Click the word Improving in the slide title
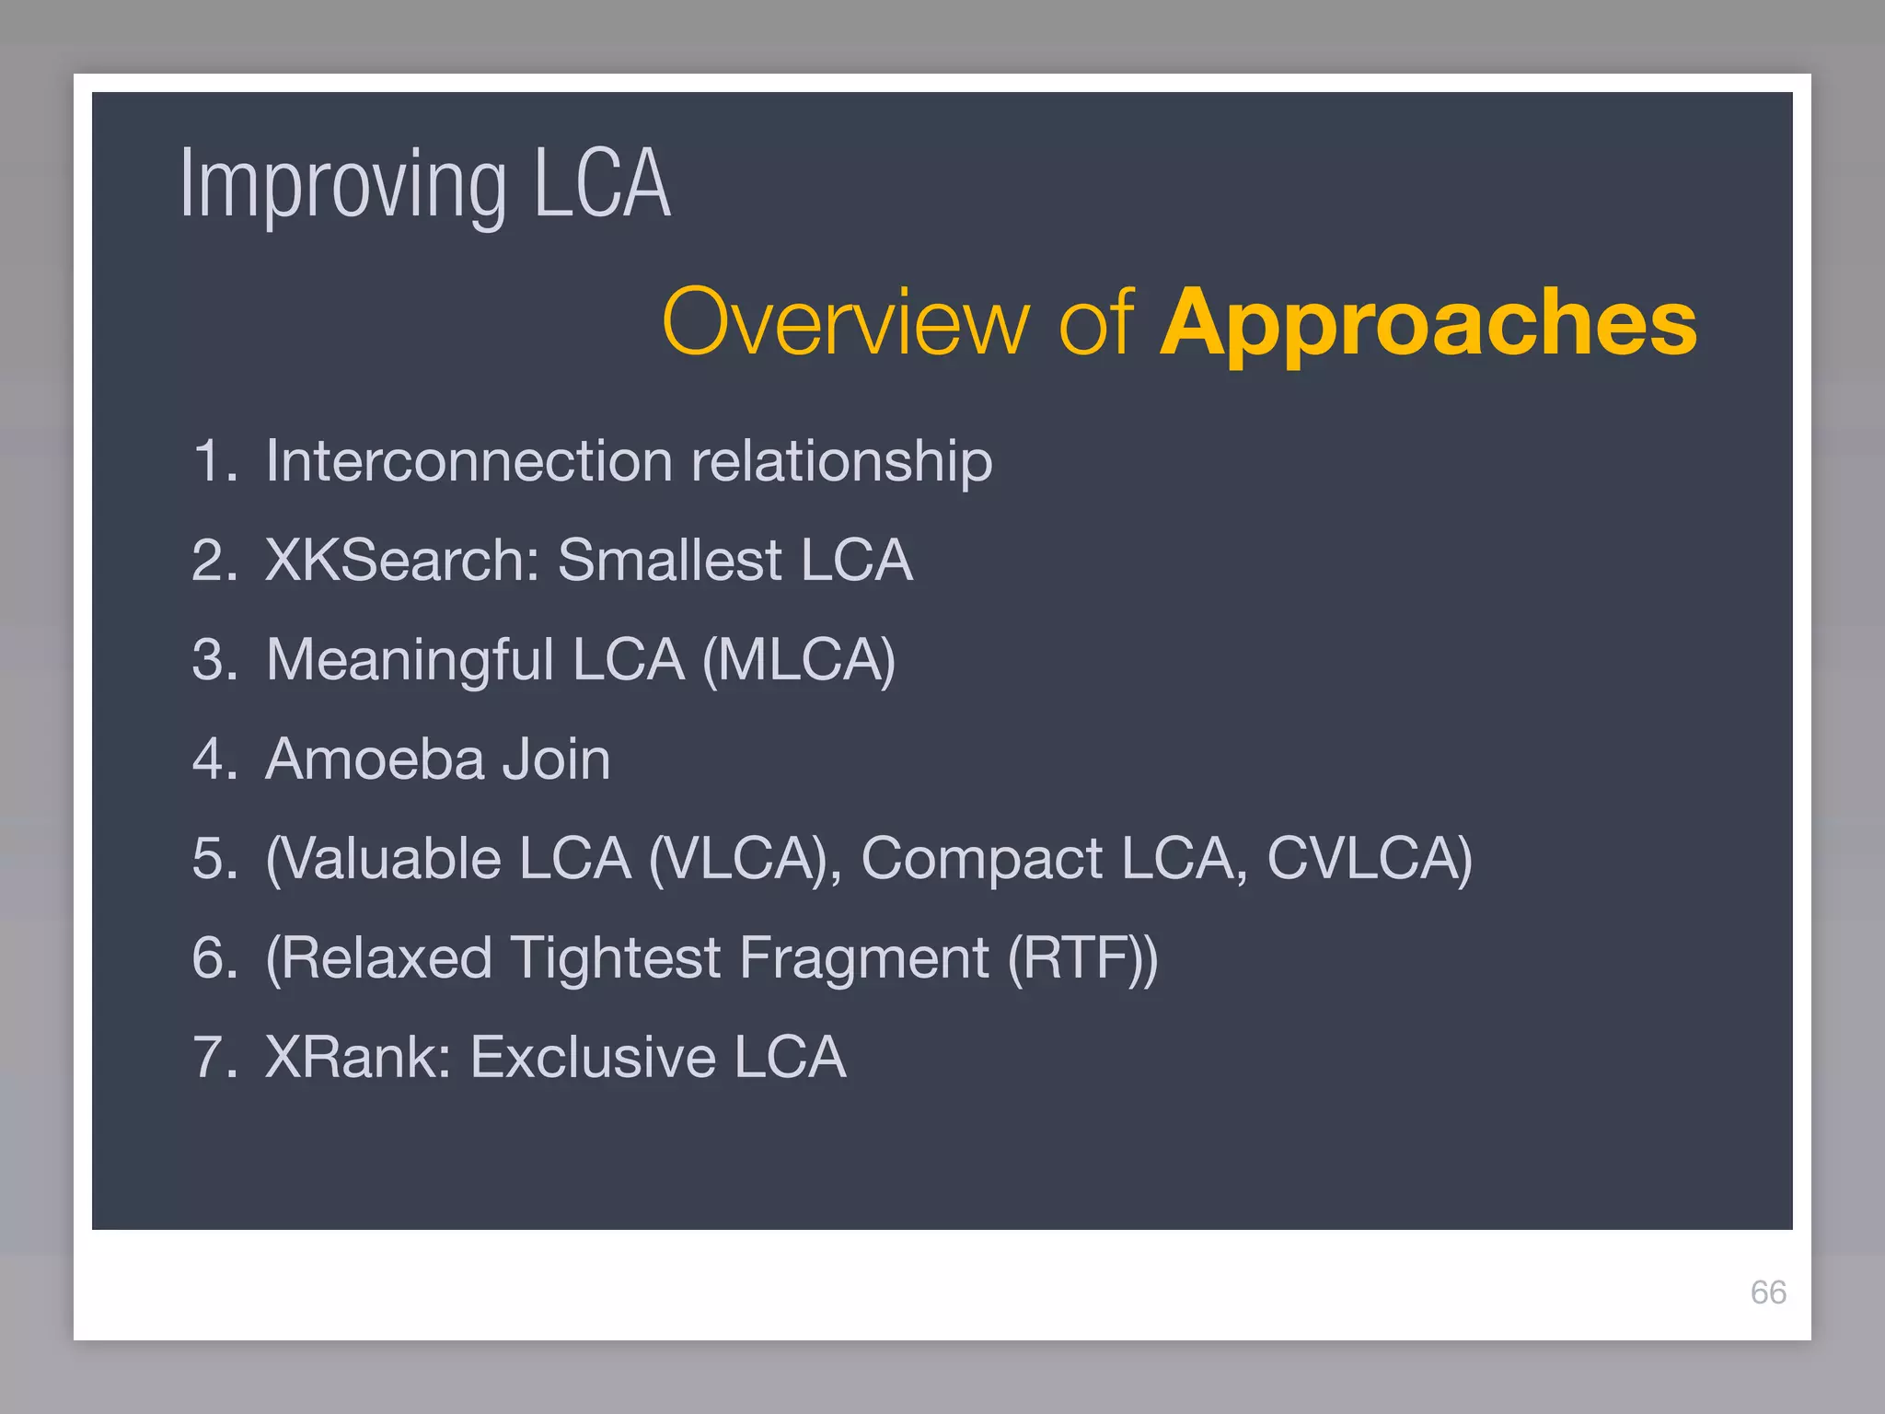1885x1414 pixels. (x=342, y=186)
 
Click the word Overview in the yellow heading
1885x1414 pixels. (x=845, y=322)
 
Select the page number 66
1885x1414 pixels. (x=1767, y=1292)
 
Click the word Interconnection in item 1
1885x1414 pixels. (x=468, y=460)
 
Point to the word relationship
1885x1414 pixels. (x=841, y=460)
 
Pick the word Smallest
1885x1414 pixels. (x=670, y=560)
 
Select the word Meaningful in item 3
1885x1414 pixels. (x=410, y=659)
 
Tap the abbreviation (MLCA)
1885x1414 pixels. (x=798, y=660)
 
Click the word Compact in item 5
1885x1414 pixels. (x=981, y=859)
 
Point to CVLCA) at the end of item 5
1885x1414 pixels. (x=1369, y=859)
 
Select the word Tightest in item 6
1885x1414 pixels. (x=615, y=958)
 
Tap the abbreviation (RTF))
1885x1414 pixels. (x=1082, y=958)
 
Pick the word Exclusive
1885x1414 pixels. (x=593, y=1057)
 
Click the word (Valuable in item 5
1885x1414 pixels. (x=383, y=859)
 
